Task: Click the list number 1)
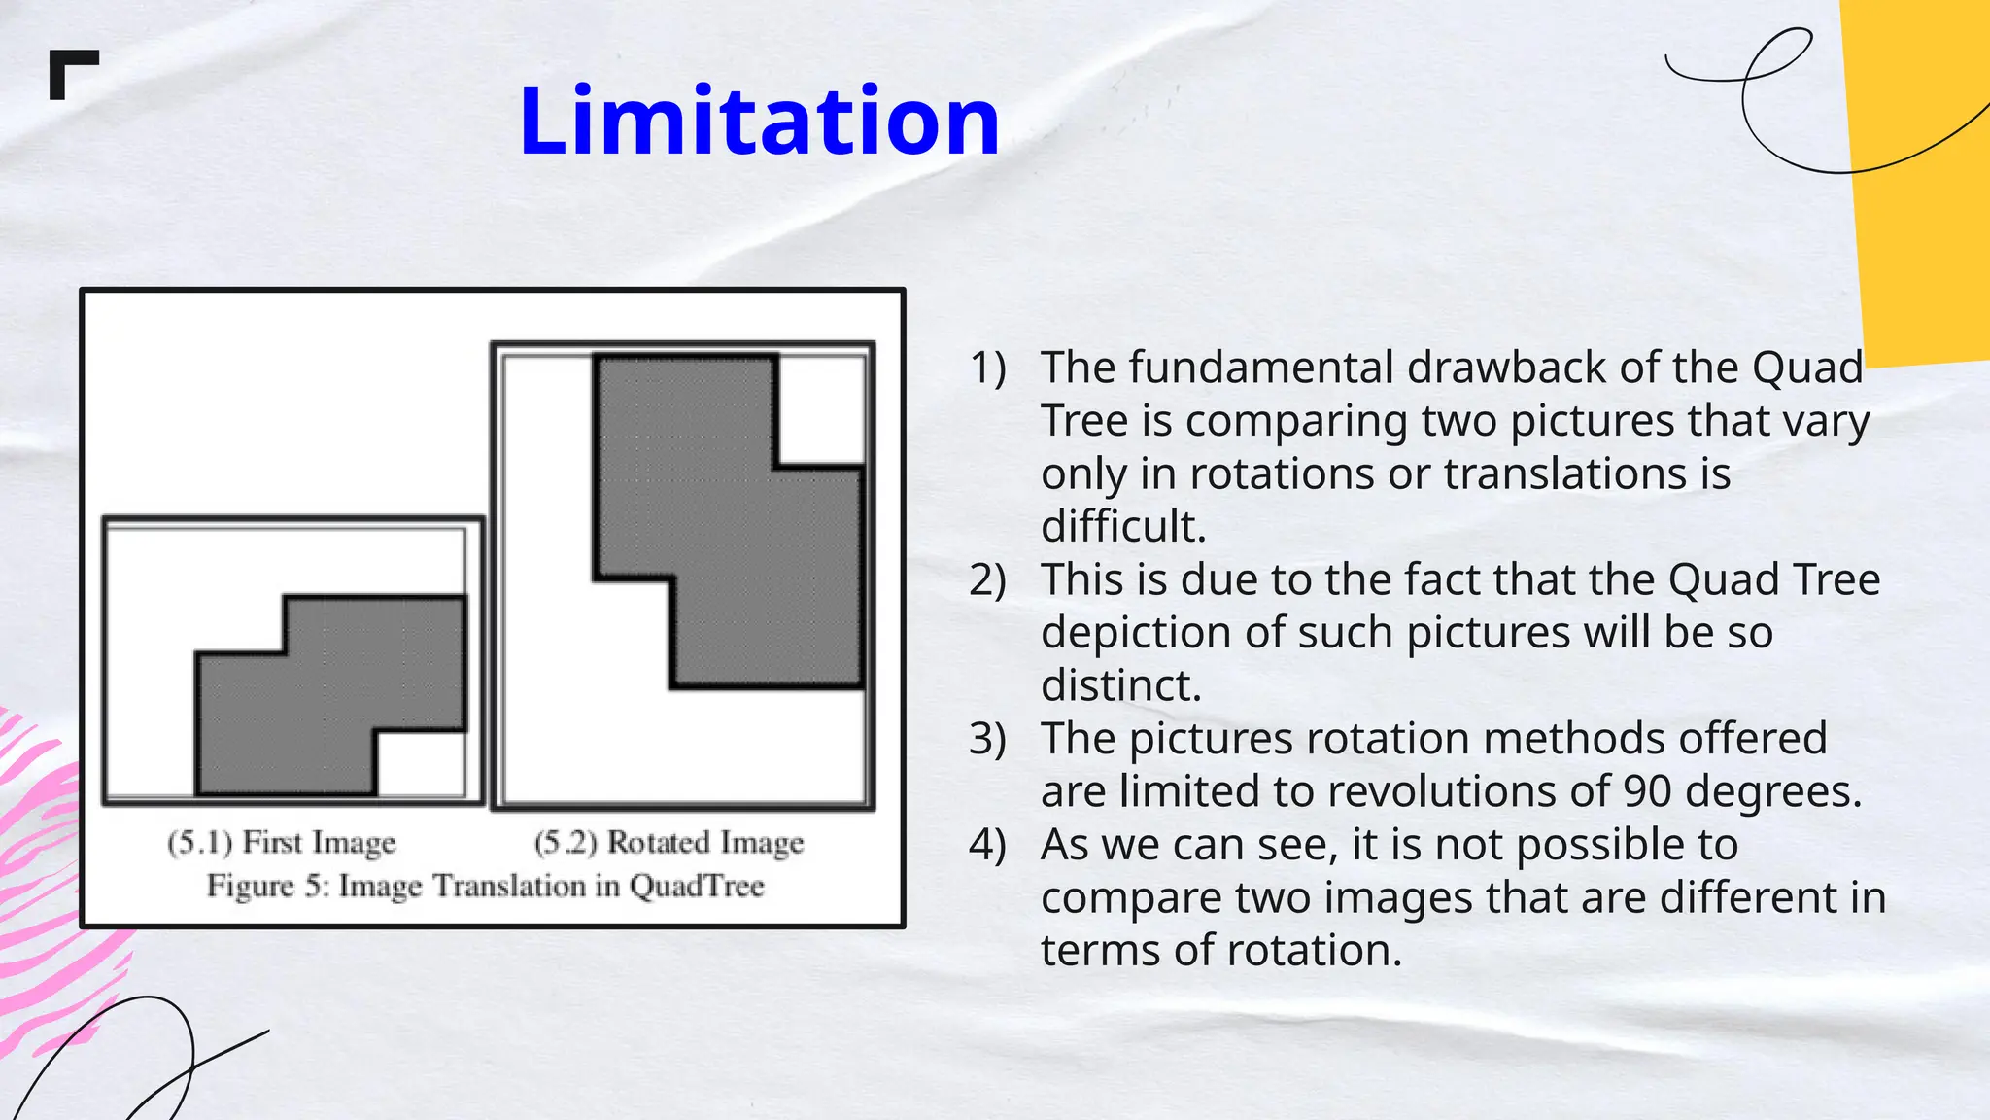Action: (x=987, y=367)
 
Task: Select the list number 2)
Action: (x=987, y=579)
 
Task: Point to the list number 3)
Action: (x=987, y=739)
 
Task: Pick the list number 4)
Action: (x=987, y=845)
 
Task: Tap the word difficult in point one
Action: (x=1122, y=526)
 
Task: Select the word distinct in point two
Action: (x=1120, y=685)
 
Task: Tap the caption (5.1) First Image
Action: (x=282, y=842)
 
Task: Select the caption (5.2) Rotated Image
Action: (x=669, y=842)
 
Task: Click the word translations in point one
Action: (x=1566, y=473)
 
